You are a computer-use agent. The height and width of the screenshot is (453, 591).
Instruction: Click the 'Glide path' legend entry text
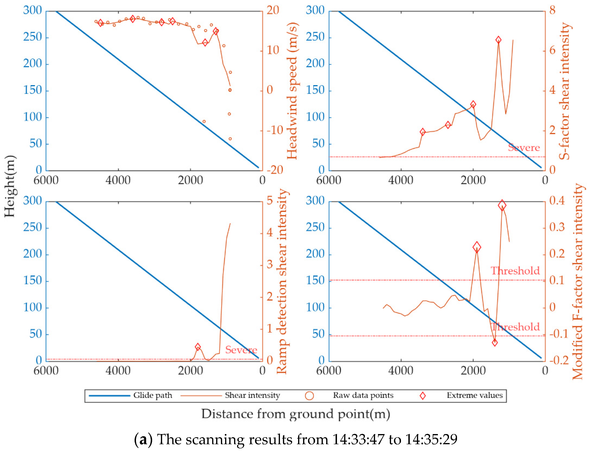pos(153,395)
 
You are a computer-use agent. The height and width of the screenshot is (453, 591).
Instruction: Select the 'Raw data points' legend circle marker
pos(309,396)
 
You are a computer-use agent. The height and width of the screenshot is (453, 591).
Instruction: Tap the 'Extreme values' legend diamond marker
pos(423,396)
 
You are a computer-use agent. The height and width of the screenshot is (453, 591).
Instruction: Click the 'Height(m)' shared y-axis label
pos(10,186)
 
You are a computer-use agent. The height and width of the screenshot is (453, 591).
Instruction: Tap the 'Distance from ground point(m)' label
pos(295,414)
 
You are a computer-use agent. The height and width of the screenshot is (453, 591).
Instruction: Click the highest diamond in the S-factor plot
pos(498,40)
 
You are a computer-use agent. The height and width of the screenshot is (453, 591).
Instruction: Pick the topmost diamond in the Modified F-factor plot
pos(502,205)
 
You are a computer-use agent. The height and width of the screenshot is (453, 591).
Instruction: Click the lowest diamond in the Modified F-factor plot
pos(495,343)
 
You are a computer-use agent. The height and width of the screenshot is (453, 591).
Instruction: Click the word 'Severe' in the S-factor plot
pos(524,148)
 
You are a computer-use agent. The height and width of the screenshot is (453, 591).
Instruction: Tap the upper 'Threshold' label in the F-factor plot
pos(515,271)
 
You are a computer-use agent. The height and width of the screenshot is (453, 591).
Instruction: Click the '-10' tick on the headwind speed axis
pos(275,130)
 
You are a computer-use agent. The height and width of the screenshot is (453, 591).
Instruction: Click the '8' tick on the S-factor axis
pos(553,10)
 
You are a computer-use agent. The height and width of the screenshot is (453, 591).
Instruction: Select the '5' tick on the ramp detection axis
pos(270,200)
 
